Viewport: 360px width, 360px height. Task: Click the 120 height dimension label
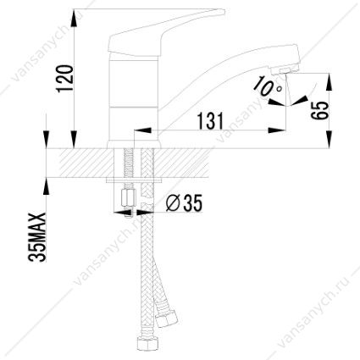pyautogui.click(x=65, y=79)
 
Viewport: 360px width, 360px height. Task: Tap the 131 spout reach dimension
pyautogui.click(x=210, y=120)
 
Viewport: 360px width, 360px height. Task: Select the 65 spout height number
pyautogui.click(x=320, y=110)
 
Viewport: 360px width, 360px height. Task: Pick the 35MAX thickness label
pyautogui.click(x=37, y=237)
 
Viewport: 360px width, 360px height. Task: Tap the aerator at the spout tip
pyautogui.click(x=285, y=69)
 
